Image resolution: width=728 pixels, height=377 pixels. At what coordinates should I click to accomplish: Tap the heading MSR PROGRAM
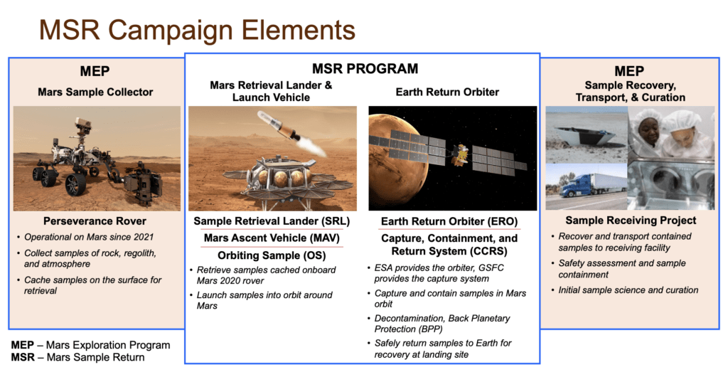[x=365, y=69]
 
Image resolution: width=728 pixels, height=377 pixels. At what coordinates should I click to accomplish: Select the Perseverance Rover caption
[x=95, y=221]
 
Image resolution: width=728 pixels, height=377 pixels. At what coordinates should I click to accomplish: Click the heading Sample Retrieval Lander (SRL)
[x=272, y=221]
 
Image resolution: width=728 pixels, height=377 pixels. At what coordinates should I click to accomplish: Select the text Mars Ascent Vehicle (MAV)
[x=272, y=238]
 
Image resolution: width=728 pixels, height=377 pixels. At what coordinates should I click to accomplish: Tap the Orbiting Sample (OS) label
[x=272, y=255]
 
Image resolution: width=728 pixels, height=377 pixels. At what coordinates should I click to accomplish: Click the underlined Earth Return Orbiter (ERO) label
[x=449, y=221]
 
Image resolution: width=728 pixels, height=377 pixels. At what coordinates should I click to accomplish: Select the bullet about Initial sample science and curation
[x=628, y=290]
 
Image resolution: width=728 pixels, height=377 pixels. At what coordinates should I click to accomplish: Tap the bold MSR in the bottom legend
[x=23, y=358]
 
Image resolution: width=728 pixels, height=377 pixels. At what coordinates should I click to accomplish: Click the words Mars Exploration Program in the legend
[x=108, y=346]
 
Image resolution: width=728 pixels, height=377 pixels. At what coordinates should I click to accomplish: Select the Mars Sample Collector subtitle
[x=95, y=92]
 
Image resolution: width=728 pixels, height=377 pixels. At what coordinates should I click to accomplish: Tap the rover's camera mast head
[x=83, y=122]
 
